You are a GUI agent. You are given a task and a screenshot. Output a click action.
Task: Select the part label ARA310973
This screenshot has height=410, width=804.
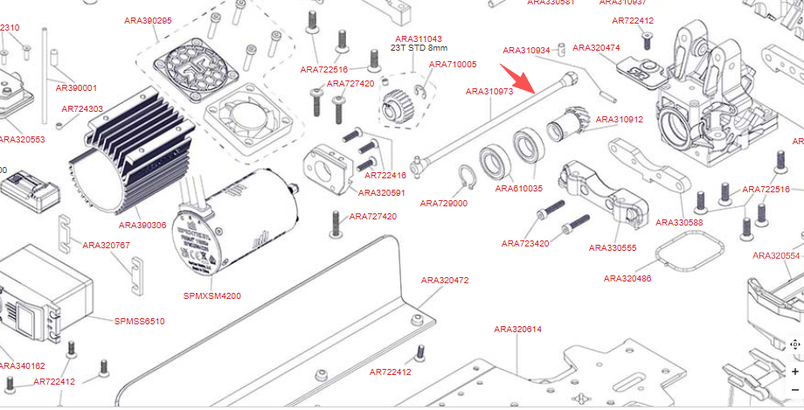pyautogui.click(x=489, y=91)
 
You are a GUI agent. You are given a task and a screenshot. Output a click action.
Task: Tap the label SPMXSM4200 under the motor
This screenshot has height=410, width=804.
pyautogui.click(x=212, y=295)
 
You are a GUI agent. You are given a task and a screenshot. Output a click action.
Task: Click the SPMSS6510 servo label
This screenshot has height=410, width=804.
pyautogui.click(x=139, y=321)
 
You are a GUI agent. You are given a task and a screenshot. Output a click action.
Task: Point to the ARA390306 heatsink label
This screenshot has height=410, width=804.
pyautogui.click(x=142, y=225)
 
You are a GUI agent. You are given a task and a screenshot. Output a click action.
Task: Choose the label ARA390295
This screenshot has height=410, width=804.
pyautogui.click(x=148, y=20)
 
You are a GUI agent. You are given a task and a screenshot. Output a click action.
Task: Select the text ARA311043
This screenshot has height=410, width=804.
pyautogui.click(x=419, y=39)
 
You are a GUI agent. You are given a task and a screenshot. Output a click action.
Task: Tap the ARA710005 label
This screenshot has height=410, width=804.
pyautogui.click(x=453, y=65)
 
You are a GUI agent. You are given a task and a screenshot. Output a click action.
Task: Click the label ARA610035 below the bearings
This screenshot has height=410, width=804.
pyautogui.click(x=518, y=188)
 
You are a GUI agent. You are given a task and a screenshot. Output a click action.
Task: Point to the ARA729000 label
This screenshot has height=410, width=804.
pyautogui.click(x=444, y=203)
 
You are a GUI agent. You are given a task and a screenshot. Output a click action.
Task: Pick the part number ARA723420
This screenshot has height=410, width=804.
pyautogui.click(x=525, y=243)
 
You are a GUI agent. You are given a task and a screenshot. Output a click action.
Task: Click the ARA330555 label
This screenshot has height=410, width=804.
pyautogui.click(x=612, y=247)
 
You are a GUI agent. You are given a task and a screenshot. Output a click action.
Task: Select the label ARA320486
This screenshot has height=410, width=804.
pyautogui.click(x=627, y=278)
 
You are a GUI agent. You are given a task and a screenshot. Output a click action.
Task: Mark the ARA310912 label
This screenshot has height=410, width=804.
pyautogui.click(x=619, y=119)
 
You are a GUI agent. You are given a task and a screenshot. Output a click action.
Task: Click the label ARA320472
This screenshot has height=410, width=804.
pyautogui.click(x=445, y=281)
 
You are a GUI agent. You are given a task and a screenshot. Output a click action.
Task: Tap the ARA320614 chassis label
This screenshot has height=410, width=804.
pyautogui.click(x=517, y=330)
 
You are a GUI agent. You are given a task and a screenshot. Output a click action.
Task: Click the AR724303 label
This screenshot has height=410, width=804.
pyautogui.click(x=82, y=109)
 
